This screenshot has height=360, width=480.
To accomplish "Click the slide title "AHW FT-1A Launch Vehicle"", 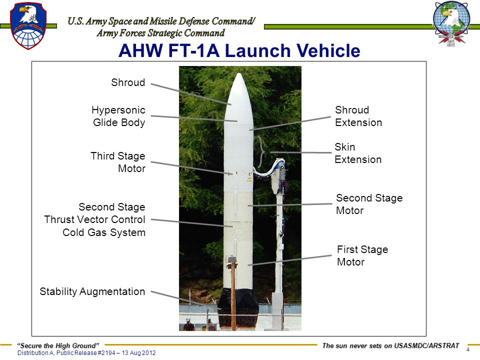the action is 239,50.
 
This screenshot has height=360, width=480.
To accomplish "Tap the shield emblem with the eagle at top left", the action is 28,25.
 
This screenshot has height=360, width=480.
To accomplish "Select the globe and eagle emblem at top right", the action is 451,24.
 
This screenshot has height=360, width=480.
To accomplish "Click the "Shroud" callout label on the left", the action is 128,82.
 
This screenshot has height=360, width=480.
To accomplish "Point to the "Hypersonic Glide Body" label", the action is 119,116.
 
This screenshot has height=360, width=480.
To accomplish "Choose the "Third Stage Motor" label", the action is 118,162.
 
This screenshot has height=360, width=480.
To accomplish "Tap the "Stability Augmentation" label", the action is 92,291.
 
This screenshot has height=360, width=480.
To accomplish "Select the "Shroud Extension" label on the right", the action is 358,116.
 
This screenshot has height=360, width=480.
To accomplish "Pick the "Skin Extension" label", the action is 358,153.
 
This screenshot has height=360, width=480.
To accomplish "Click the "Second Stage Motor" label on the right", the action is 369,204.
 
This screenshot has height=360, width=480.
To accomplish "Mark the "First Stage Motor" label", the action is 362,255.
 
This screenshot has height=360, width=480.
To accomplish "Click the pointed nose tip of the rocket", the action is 239,73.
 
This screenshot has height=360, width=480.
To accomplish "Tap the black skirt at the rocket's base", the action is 238,307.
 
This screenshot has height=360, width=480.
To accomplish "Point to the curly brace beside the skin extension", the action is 261,152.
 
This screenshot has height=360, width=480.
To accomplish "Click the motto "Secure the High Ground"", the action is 58,345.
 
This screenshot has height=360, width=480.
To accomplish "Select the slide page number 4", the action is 468,349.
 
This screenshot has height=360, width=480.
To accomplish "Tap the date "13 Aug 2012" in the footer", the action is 138,353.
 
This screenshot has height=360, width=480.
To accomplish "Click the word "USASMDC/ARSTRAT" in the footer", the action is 426,345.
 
